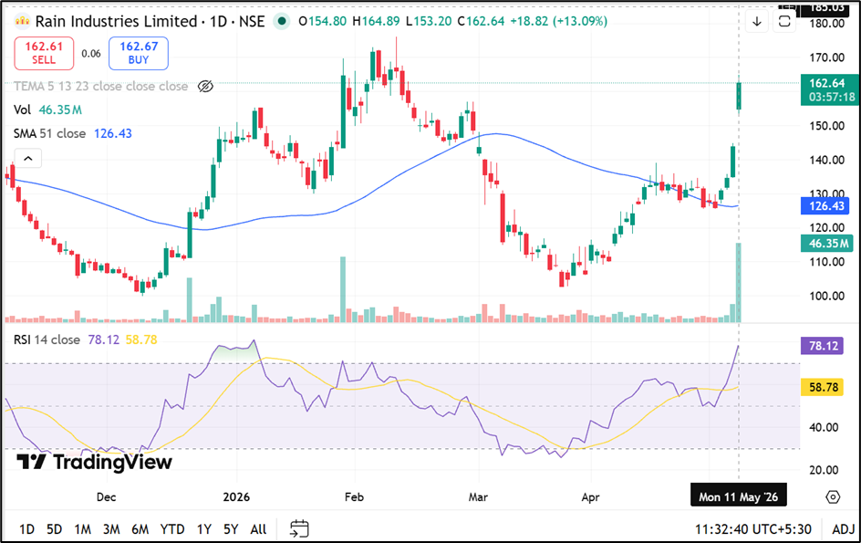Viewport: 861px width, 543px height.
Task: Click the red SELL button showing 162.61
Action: [x=44, y=53]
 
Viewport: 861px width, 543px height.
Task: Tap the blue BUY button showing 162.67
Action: [x=139, y=53]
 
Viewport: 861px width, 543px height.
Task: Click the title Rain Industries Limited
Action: [x=117, y=21]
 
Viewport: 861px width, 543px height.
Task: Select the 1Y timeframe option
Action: [x=204, y=529]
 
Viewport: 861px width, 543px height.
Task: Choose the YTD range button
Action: [x=172, y=529]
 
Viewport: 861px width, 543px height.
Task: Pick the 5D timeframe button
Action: [x=55, y=529]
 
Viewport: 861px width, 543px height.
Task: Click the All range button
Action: [x=258, y=529]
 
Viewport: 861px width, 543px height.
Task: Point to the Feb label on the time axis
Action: [x=354, y=496]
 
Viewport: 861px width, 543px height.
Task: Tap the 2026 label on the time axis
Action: [x=236, y=496]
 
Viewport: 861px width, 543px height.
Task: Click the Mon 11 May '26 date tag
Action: [x=738, y=496]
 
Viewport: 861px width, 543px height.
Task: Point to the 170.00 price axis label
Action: [x=827, y=57]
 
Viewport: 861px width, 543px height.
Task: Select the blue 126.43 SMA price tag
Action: [x=825, y=206]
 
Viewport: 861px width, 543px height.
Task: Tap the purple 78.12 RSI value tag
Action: [x=822, y=346]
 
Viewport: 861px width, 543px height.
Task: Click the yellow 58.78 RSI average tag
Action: [x=822, y=388]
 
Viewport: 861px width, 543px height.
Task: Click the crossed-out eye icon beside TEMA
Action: [x=205, y=87]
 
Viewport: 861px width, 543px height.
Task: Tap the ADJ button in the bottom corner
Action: [x=844, y=529]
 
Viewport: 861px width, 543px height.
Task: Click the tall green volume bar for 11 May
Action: [x=739, y=283]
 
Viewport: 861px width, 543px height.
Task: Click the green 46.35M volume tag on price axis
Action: [x=828, y=244]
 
